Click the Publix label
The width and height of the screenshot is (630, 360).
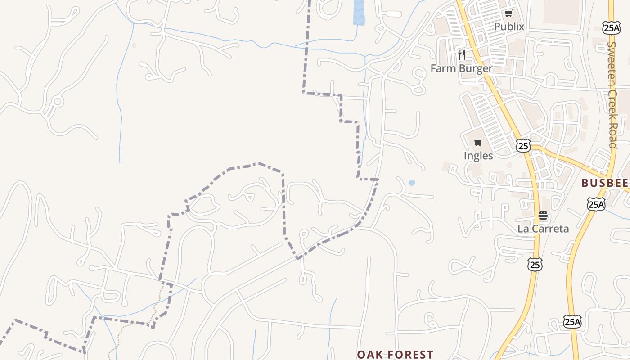509,27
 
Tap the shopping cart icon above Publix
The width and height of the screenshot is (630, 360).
508,13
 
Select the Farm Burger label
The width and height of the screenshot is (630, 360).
461,68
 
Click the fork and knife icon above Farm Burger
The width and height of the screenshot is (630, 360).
461,55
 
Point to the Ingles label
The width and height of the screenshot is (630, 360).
478,156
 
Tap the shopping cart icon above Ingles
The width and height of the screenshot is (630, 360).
478,143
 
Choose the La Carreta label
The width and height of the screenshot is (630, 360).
543,229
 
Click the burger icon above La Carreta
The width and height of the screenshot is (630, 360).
543,216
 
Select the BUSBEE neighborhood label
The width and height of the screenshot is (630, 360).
604,183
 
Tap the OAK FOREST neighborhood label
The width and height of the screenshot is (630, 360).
395,355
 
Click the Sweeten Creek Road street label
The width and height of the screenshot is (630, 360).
612,94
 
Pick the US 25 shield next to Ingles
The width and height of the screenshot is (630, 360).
523,145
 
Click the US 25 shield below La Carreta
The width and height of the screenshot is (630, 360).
535,265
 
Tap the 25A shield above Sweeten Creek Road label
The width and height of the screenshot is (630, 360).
612,27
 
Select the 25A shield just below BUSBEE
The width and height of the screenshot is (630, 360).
596,204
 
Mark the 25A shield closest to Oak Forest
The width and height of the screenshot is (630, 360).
572,321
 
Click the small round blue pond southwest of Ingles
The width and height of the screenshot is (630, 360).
412,183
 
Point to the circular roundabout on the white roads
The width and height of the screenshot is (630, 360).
57,101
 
